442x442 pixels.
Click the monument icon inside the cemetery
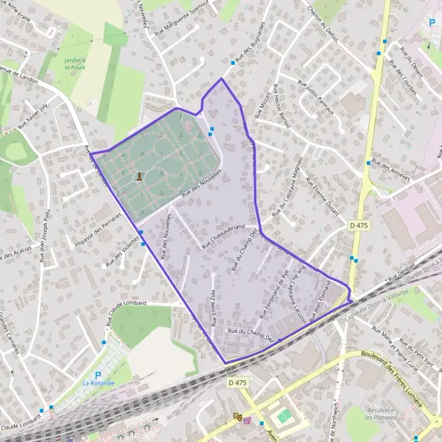pyautogui.click(x=140, y=176)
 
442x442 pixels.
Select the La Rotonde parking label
pyautogui.click(x=98, y=383)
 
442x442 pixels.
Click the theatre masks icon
pyautogui.click(x=237, y=416)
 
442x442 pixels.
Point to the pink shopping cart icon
pyautogui.click(x=247, y=421)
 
